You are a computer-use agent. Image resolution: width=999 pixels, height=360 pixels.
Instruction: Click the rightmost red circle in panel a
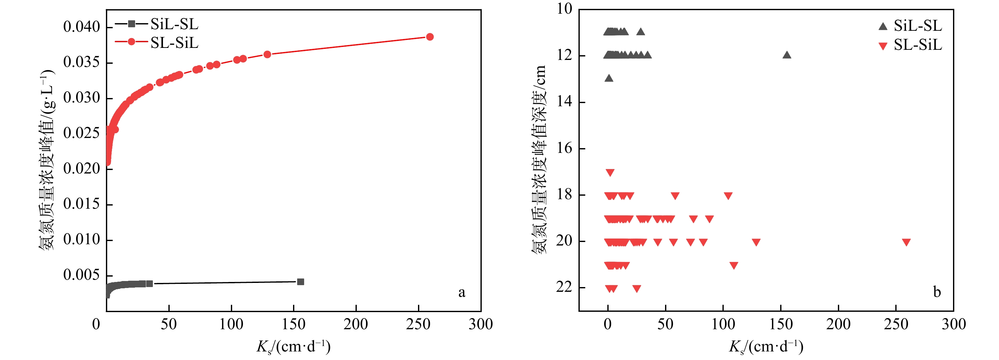[430, 37]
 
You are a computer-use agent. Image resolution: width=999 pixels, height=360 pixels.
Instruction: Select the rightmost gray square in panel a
[301, 282]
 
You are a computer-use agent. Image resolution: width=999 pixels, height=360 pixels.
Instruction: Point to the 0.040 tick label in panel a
[82, 27]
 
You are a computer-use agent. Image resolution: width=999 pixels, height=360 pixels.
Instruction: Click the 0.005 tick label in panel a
[82, 275]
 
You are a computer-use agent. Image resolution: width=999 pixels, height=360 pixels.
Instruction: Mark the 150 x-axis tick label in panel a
[294, 324]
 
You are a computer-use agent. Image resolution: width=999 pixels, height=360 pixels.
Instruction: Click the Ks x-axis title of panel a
[294, 346]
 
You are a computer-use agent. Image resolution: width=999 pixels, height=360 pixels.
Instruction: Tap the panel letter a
[461, 292]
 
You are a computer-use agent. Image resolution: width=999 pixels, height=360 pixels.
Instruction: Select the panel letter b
[937, 292]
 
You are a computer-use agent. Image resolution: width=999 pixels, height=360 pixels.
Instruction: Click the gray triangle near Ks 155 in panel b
[787, 55]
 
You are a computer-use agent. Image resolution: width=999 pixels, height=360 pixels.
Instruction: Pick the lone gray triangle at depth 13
[609, 78]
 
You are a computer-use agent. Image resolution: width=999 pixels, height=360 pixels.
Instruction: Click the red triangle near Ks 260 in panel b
[906, 242]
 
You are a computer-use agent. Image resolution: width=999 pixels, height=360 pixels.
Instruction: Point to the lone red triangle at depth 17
[610, 173]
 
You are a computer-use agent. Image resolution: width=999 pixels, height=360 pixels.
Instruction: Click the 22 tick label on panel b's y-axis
[564, 287]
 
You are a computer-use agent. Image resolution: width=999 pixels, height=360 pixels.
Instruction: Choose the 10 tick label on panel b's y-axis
[564, 9]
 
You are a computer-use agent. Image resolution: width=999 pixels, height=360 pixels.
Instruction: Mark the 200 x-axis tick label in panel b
[839, 324]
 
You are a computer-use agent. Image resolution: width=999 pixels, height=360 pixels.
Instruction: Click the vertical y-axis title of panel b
[539, 159]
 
